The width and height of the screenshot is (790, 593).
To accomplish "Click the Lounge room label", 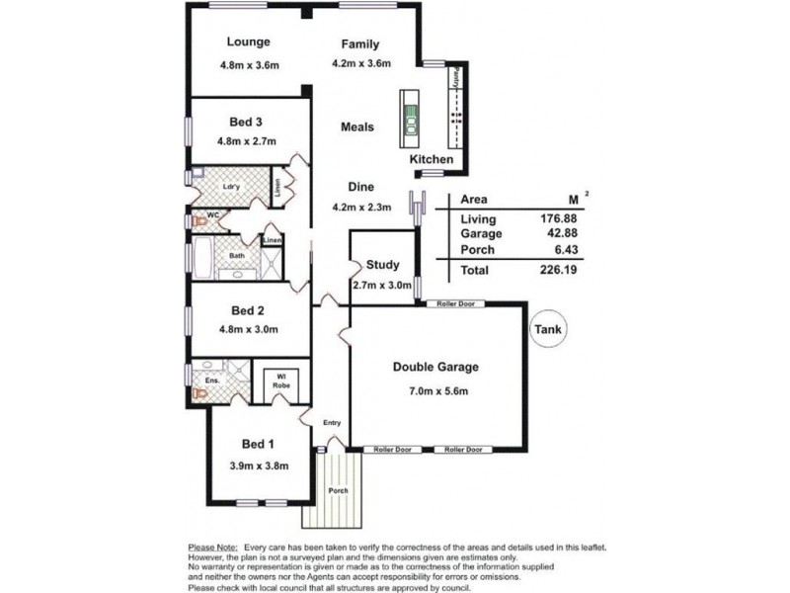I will click(x=248, y=42).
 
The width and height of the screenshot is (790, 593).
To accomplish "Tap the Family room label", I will click(x=360, y=44).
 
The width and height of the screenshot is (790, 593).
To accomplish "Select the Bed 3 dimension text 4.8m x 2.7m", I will click(x=248, y=142).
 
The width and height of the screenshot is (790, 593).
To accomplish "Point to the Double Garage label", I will click(x=435, y=367).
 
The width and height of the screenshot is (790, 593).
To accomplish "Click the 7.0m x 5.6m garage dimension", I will click(x=435, y=391).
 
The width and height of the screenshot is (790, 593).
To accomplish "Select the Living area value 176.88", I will click(x=551, y=218).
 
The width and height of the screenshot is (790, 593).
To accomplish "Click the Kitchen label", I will click(x=432, y=159).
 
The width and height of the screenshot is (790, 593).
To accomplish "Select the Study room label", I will click(x=381, y=264).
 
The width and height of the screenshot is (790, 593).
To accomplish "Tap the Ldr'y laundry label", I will click(x=231, y=186).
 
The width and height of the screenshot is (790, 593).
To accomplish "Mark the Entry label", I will click(x=332, y=423).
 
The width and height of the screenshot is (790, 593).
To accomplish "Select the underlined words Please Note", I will click(x=212, y=547).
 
